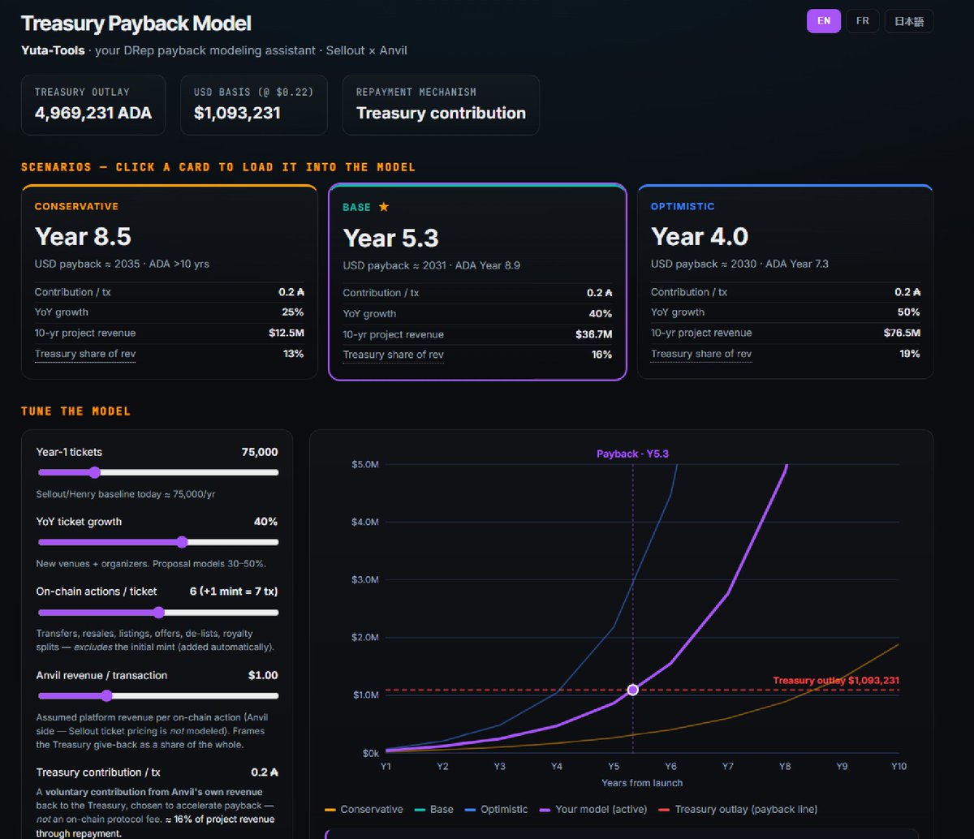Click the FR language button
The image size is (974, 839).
tap(862, 21)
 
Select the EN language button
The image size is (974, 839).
tap(823, 21)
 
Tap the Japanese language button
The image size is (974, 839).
tap(908, 21)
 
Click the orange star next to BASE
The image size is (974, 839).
tap(384, 207)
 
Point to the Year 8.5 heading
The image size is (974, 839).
tap(83, 236)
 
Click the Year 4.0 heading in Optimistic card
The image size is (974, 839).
tap(700, 236)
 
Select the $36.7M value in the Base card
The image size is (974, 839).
tap(593, 334)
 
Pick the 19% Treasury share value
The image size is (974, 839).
tap(909, 354)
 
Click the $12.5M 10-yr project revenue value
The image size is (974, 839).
tap(286, 333)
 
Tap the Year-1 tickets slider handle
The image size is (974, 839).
tap(95, 472)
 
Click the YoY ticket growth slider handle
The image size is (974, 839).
tap(183, 542)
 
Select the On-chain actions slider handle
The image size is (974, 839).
tap(159, 613)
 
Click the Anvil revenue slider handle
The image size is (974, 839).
tap(107, 696)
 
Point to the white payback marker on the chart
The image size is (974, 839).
tap(633, 690)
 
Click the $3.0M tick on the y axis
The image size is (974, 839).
tap(364, 580)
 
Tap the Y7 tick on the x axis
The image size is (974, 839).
tap(727, 767)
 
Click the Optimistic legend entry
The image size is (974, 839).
tap(496, 809)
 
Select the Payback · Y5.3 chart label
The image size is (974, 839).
tap(632, 454)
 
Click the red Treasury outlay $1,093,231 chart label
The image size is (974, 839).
tap(836, 680)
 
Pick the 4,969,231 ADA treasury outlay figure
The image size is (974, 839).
tap(93, 113)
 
